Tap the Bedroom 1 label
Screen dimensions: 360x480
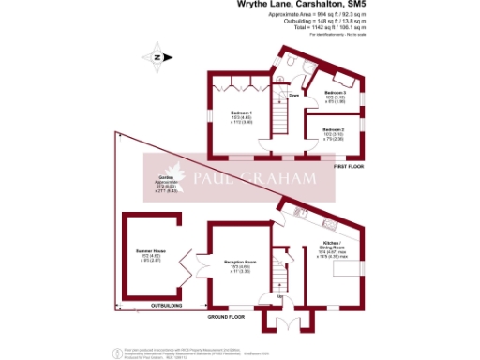(242, 113)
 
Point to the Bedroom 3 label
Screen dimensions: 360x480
(335, 93)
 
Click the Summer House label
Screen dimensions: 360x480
(152, 252)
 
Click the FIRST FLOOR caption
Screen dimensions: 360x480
(350, 166)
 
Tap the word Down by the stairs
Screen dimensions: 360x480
(293, 96)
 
